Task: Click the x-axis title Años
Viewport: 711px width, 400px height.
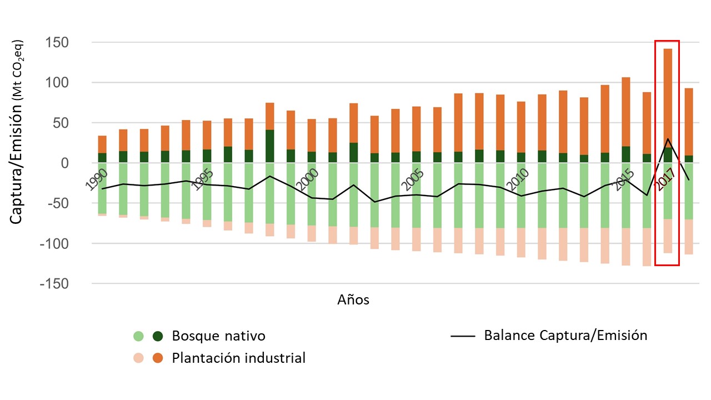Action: [x=353, y=300]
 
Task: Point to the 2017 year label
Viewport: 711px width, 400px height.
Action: [x=665, y=179]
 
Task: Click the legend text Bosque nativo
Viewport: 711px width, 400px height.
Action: [x=218, y=336]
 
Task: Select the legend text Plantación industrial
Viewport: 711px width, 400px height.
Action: [x=239, y=358]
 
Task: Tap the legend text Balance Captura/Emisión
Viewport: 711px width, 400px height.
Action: [x=565, y=336]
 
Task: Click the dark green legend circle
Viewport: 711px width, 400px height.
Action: [x=158, y=336]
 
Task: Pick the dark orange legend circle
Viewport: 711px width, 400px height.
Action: [x=158, y=358]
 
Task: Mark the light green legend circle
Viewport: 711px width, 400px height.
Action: [x=138, y=336]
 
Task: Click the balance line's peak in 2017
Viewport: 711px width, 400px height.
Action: [x=668, y=139]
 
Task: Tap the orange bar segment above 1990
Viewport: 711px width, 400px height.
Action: [x=102, y=144]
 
